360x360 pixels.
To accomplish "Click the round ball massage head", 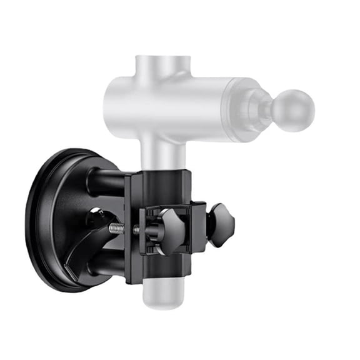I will click(x=293, y=111).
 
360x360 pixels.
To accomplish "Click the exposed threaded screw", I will click(x=117, y=227).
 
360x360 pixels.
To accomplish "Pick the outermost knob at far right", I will click(x=222, y=224).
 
